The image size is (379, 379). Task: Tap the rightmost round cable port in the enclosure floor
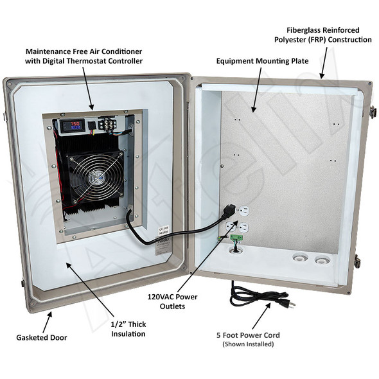[x=318, y=260]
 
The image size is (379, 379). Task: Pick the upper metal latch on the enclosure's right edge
[x=371, y=112]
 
